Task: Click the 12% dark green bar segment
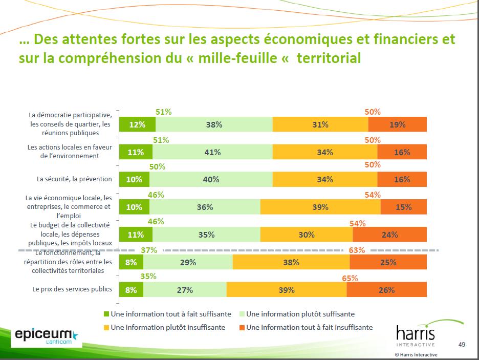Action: click(x=137, y=124)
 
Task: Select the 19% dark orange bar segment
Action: click(x=397, y=124)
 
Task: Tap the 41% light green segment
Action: click(x=212, y=152)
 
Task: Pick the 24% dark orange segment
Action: click(x=389, y=235)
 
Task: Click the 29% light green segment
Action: click(x=188, y=262)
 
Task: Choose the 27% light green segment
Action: click(x=185, y=290)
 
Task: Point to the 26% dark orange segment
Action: click(x=386, y=290)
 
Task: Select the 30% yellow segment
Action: click(x=307, y=235)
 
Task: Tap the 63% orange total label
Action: click(x=357, y=250)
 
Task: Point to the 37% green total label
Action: click(x=148, y=250)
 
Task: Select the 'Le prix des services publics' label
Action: click(x=72, y=289)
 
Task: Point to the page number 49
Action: click(x=462, y=344)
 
